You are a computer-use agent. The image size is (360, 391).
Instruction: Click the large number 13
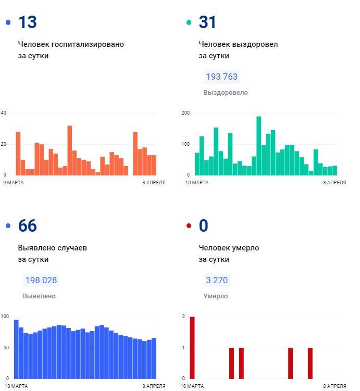pyautogui.click(x=28, y=22)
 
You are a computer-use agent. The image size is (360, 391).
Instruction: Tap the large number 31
pyautogui.click(x=207, y=22)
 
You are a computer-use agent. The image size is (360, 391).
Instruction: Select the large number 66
pyautogui.click(x=28, y=226)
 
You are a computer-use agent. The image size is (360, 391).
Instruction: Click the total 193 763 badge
pyautogui.click(x=221, y=77)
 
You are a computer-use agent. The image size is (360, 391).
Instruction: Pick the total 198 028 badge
pyautogui.click(x=41, y=280)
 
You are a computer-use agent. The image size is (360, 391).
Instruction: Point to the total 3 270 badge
pyautogui.click(x=217, y=280)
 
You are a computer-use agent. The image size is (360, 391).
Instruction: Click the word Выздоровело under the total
pyautogui.click(x=226, y=93)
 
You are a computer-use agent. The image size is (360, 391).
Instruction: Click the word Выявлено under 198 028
pyautogui.click(x=39, y=296)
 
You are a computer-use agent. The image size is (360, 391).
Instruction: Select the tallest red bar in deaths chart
pyautogui.click(x=192, y=347)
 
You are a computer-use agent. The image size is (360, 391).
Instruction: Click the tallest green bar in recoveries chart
pyautogui.click(x=258, y=146)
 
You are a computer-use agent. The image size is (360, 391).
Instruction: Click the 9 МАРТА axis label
pyautogui.click(x=14, y=183)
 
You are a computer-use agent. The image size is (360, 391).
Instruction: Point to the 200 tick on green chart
pyautogui.click(x=185, y=113)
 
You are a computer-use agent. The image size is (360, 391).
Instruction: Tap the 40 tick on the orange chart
pyautogui.click(x=4, y=113)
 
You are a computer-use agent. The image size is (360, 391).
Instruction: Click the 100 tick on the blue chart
pyautogui.click(x=5, y=317)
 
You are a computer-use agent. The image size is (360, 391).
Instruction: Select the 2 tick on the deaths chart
pyautogui.click(x=183, y=317)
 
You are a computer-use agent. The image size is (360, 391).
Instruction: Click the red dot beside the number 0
pyautogui.click(x=189, y=226)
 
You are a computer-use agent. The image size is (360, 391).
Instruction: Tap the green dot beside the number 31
pyautogui.click(x=189, y=22)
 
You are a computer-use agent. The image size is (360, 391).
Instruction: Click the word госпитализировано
pyautogui.click(x=92, y=44)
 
